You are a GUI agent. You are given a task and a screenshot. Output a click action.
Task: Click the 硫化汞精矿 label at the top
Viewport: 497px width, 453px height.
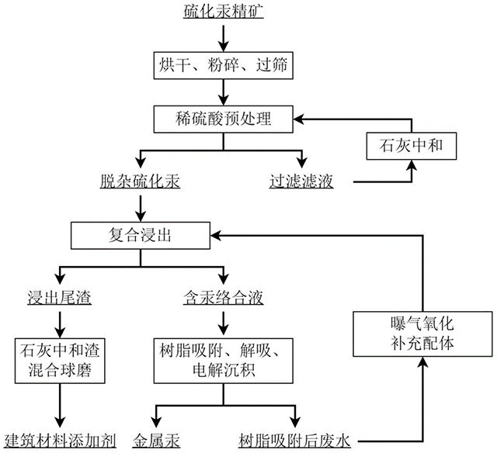(224, 12)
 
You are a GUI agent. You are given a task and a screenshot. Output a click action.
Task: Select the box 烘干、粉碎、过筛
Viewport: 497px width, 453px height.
(224, 66)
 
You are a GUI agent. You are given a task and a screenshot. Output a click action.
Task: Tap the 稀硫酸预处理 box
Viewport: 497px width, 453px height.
(224, 119)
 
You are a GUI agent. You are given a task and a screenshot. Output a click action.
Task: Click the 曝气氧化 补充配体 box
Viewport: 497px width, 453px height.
(423, 334)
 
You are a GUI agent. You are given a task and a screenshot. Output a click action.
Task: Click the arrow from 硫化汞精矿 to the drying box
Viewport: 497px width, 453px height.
(224, 36)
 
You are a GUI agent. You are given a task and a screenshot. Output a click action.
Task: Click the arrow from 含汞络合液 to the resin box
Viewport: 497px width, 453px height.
(224, 319)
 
